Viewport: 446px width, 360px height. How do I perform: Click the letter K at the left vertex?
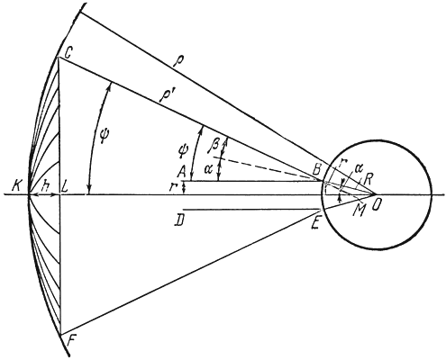[17, 187]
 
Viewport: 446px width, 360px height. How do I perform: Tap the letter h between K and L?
[46, 185]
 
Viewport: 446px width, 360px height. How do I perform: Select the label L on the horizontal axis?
[66, 187]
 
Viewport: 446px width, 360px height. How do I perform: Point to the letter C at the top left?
[68, 53]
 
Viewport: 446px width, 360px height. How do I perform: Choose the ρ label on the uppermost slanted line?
[177, 61]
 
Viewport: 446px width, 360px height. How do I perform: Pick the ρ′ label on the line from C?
[164, 96]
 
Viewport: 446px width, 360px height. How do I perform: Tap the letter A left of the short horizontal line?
[181, 172]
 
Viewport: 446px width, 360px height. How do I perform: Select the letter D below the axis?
[179, 221]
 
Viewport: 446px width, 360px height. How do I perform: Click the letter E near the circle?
[315, 222]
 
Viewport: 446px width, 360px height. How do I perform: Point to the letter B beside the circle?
[315, 171]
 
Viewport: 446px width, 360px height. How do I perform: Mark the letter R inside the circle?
[368, 180]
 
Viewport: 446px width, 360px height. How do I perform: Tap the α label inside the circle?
[357, 167]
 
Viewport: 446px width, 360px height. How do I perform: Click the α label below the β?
[208, 169]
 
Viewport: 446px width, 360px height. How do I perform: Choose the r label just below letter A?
[172, 188]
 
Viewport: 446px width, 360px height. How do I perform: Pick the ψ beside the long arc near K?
[104, 136]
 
